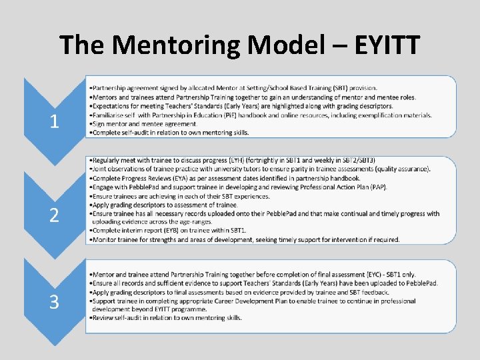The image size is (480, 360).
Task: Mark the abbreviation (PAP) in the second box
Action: pyautogui.click(x=378, y=187)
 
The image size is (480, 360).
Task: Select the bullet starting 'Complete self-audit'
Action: pyautogui.click(x=170, y=132)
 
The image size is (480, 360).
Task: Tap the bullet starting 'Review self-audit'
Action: pyautogui.click(x=167, y=318)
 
